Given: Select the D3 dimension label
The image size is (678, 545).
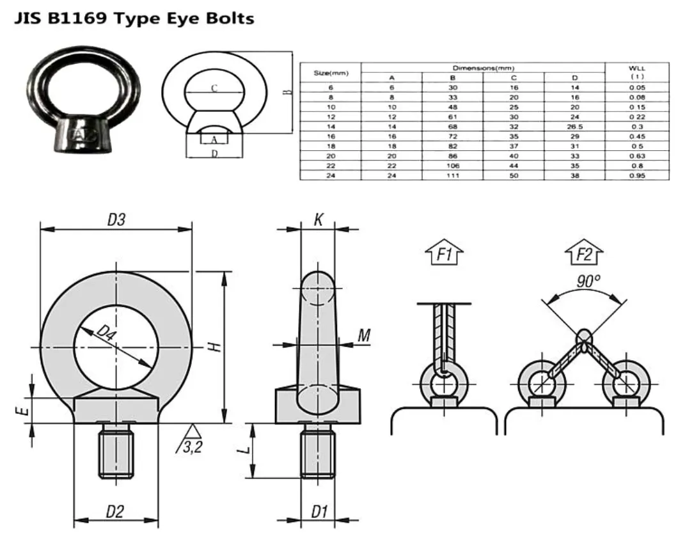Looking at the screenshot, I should pos(116,219).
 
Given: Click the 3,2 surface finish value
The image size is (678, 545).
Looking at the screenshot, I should pos(193,447).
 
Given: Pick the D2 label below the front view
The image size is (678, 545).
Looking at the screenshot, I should pos(115,511).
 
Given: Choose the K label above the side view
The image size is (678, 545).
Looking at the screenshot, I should pos(318,219).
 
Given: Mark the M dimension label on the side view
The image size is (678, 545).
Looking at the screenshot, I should pos(364,335).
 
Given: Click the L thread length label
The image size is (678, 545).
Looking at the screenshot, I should pos(244,450).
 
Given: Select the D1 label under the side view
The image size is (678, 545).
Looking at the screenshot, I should pos(319,511).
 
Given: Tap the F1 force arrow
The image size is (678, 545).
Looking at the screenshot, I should pos(444,255).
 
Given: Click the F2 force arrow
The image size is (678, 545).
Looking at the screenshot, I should pos(584,255).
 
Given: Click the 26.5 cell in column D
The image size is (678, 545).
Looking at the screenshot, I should pos(574,127).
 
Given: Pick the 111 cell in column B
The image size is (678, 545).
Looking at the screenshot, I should pos(453,175).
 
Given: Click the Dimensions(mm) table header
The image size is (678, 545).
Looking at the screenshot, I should pos(483,68).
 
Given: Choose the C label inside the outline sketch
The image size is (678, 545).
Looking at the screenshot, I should pos(214,89).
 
